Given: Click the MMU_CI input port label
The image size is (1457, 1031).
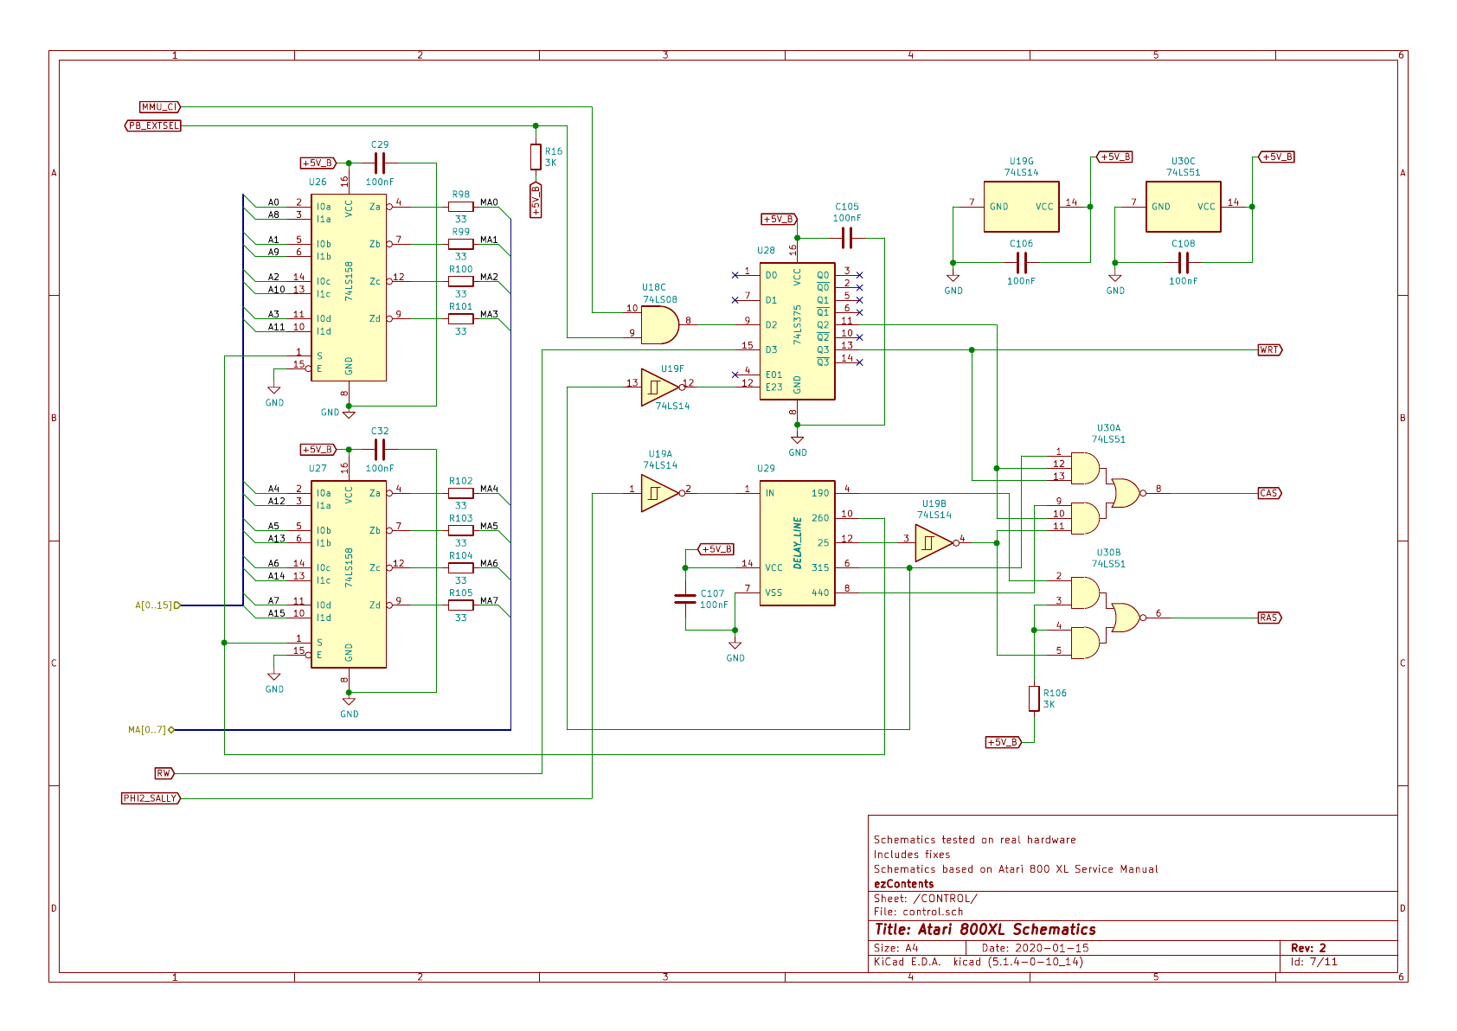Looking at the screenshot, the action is point(159,106).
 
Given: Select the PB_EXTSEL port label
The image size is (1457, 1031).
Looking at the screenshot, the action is point(153,125).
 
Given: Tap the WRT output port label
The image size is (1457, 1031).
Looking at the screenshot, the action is point(1269,349).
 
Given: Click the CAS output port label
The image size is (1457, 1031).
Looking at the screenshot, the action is point(1269,493).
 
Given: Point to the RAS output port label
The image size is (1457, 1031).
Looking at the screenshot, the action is point(1269,618).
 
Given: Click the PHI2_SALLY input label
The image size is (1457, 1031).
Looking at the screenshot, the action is point(151,798).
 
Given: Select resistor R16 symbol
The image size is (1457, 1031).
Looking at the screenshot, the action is point(536,157).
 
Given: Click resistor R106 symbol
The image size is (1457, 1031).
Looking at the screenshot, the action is point(1034,698).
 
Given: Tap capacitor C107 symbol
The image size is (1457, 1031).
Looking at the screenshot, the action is point(685,599).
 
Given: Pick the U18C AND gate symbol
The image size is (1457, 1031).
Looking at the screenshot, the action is point(659,325).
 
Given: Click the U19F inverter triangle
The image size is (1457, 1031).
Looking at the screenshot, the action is point(660,387).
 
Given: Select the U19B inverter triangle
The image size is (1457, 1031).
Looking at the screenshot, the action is point(934,543).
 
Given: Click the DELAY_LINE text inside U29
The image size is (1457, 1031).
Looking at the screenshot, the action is point(798,543).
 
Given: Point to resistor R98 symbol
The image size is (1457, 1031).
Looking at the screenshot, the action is point(460,207).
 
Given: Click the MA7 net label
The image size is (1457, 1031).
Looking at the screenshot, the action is point(489,600).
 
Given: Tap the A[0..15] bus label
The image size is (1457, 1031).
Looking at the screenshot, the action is point(153,605).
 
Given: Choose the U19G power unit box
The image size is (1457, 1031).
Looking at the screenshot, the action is point(1021,207).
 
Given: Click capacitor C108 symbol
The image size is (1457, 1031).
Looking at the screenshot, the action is point(1183,263).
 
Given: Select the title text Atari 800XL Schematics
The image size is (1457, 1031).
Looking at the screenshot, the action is point(985,930).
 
